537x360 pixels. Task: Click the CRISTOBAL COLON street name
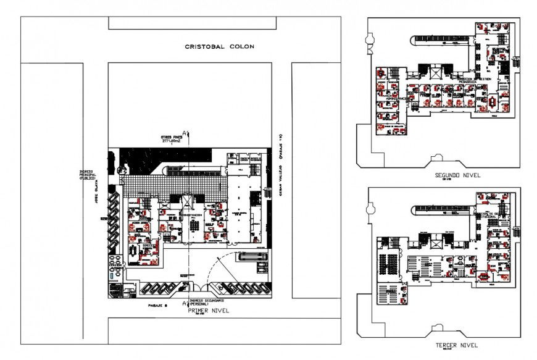(220, 47)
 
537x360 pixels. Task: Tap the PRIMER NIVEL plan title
(207, 311)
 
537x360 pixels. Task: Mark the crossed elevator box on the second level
(436, 73)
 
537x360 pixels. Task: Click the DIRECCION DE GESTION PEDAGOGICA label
(474, 80)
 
